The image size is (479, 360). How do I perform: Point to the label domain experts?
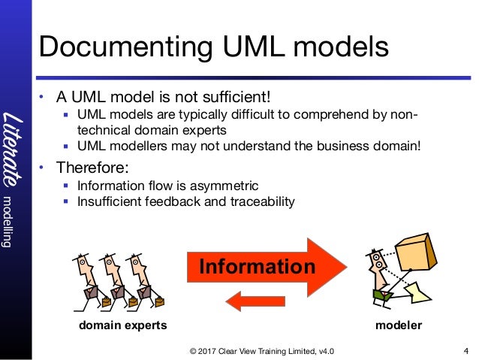122,325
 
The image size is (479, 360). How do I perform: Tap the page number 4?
466,350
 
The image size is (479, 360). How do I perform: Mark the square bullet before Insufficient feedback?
67,201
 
